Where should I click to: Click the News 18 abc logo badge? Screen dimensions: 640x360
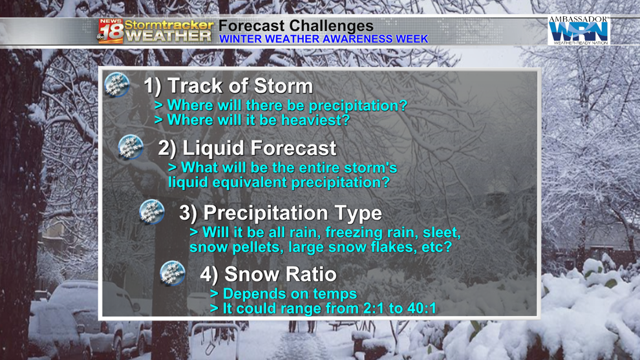(x=110, y=31)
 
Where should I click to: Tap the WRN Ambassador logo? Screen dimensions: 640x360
(x=579, y=30)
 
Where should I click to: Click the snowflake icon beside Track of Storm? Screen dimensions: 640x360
(x=117, y=85)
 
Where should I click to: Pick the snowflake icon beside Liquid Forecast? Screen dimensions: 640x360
(x=131, y=147)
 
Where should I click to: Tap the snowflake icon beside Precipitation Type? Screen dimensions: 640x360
(x=152, y=212)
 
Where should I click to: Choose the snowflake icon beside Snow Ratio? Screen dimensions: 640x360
(x=173, y=273)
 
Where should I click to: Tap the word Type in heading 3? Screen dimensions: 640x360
(x=358, y=213)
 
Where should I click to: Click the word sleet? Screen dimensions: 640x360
(x=442, y=233)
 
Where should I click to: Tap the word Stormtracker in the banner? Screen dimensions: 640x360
(x=169, y=25)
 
